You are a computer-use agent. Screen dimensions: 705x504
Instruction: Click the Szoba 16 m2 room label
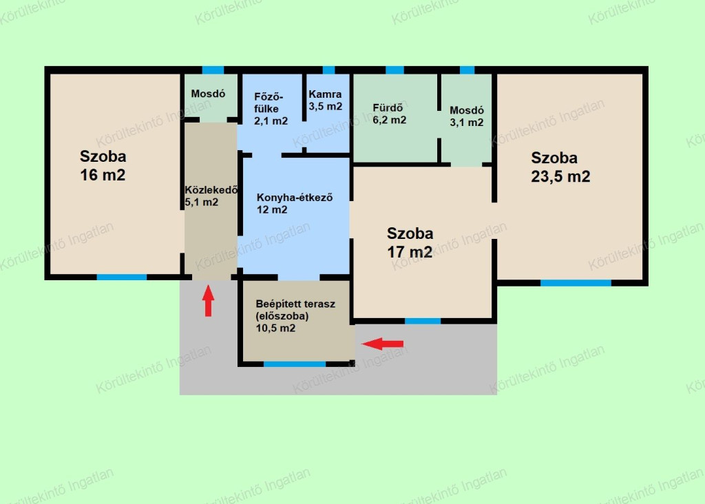click(103, 165)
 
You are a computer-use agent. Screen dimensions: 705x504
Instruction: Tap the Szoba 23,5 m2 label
click(560, 167)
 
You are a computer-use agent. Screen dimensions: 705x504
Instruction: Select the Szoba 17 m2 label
click(410, 243)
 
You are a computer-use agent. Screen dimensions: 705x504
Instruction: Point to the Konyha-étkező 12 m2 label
click(295, 204)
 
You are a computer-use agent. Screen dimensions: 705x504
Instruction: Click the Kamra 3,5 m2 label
click(326, 101)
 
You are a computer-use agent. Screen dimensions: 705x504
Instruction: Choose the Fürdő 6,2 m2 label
click(390, 114)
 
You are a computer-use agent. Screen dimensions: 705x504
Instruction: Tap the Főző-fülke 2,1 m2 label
click(271, 109)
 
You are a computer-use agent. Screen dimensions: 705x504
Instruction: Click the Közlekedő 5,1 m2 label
click(211, 196)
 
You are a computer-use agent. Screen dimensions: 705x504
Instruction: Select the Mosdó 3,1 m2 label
click(467, 116)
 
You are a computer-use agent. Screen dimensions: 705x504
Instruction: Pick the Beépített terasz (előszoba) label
click(295, 315)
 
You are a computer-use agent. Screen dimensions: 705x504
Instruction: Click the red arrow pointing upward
click(208, 301)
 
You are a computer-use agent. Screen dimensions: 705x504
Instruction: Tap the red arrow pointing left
click(383, 344)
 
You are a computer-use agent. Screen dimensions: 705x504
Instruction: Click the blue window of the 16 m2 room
click(122, 277)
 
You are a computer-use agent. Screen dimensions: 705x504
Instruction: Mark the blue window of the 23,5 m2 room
click(576, 283)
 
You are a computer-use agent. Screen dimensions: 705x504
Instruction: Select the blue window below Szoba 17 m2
click(423, 321)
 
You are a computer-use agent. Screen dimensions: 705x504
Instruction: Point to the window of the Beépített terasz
click(295, 364)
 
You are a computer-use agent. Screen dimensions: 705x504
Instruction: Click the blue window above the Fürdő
click(394, 70)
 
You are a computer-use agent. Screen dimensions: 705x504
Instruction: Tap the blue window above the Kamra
click(328, 70)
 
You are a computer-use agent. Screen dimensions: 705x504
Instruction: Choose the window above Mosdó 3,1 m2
click(467, 70)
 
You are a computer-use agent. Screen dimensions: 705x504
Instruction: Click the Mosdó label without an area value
click(208, 94)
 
